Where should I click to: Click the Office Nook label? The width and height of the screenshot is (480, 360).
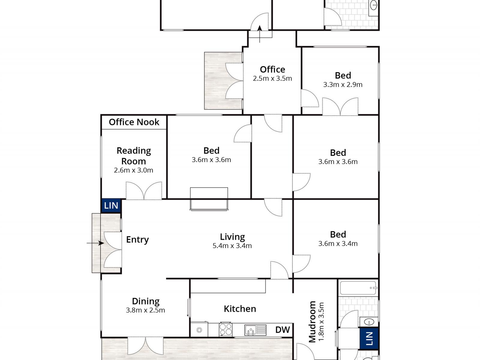pos(134,122)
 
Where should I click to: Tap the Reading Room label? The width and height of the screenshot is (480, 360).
pos(133,156)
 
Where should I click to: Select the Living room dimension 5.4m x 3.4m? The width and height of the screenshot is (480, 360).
pos(232,246)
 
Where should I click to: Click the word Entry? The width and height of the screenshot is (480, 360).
pos(137,240)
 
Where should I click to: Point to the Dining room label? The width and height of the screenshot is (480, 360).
pos(145,301)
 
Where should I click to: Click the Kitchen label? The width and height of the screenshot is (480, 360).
pos(240,309)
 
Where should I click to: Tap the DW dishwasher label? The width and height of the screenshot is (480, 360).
pos(283,330)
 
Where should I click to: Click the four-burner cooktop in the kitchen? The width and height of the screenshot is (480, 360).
pos(226,329)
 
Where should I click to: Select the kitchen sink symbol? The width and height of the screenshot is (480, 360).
pos(255,330)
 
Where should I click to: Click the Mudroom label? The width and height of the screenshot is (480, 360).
pos(312,322)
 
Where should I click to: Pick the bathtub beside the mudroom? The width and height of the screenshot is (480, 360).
pos(358,288)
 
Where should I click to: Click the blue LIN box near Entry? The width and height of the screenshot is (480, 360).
pos(111,205)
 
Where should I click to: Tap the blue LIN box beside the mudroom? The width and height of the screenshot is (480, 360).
pos(369,338)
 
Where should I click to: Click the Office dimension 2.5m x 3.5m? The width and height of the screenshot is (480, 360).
pos(272,79)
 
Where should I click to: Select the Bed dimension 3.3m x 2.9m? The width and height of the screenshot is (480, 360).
pos(343,85)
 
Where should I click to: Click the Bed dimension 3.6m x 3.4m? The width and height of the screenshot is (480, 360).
pos(338,244)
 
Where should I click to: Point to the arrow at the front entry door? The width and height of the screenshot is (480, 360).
pos(95,243)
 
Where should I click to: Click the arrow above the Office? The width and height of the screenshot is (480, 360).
pos(259,34)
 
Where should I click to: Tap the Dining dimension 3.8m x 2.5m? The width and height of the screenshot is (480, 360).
pos(145,310)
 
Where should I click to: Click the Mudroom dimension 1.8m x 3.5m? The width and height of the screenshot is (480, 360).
pos(321,322)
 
